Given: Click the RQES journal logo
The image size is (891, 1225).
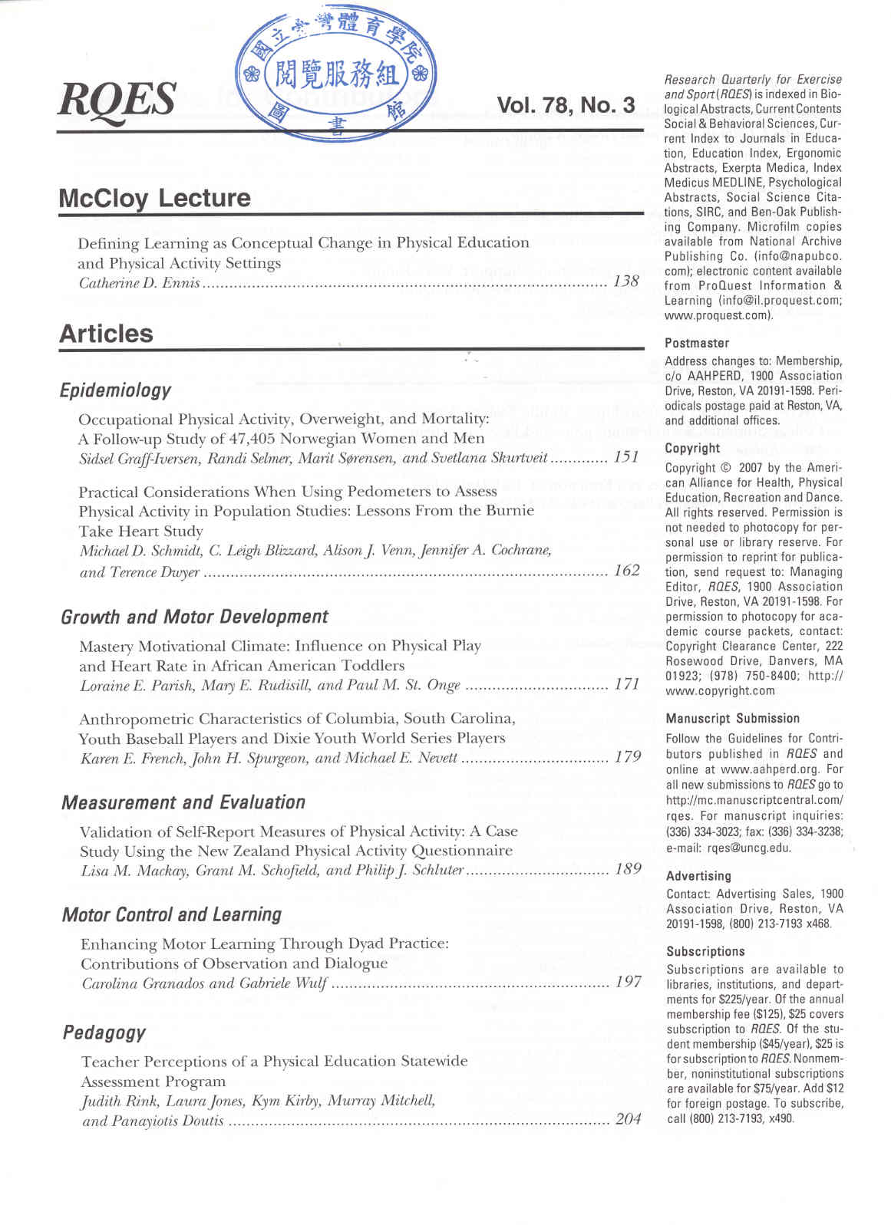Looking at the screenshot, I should click(117, 100).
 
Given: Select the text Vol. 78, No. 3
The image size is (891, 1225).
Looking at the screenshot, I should click(566, 105).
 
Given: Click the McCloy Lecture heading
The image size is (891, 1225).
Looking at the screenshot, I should click(154, 198).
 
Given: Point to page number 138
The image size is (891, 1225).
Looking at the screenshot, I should click(625, 281).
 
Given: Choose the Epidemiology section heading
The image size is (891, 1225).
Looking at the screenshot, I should click(115, 390).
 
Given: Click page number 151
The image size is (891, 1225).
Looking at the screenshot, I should click(626, 457).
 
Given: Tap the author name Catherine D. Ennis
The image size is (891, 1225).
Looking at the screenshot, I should click(139, 283).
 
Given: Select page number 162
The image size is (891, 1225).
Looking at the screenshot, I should click(627, 570).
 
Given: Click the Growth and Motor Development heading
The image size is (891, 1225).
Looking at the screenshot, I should click(194, 617).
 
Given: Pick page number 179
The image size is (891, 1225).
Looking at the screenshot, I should click(628, 757).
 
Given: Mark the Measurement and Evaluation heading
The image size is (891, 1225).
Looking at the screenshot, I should click(183, 802).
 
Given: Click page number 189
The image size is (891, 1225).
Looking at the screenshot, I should click(628, 869).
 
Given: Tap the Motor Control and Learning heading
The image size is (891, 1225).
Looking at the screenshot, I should click(172, 914).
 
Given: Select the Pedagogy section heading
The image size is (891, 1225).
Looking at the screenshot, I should click(104, 1032).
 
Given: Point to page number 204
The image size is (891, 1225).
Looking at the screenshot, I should click(629, 1119).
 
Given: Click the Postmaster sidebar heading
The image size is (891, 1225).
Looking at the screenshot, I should click(697, 343).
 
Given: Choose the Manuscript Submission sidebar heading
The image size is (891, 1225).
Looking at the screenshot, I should click(733, 718).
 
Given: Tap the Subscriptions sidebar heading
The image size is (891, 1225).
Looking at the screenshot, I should click(705, 951).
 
